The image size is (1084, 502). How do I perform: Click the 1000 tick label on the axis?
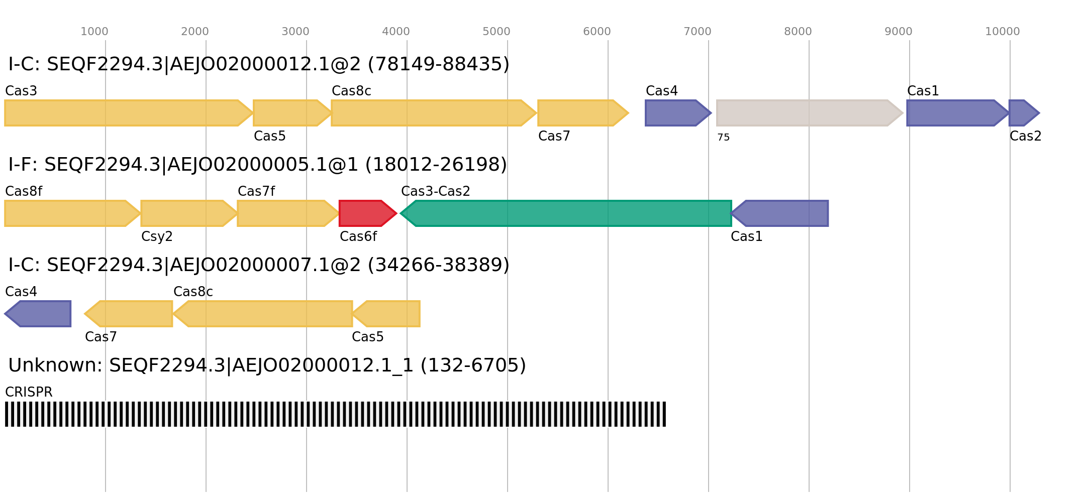(94, 32)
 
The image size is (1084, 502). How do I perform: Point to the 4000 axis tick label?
(396, 32)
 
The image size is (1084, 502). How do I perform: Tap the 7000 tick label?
(698, 32)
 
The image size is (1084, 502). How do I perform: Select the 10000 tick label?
(1002, 32)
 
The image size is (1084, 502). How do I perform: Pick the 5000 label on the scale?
(497, 32)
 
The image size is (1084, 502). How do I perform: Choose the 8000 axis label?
(798, 32)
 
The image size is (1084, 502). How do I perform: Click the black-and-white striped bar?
(335, 414)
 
